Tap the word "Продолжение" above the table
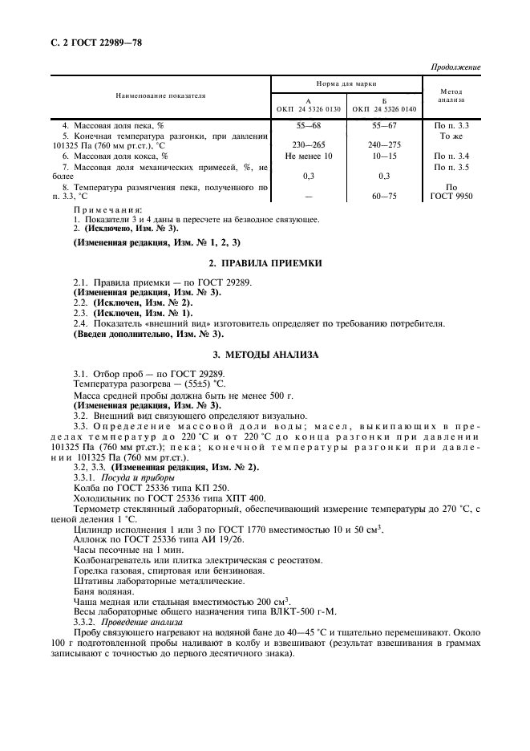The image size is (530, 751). [455, 67]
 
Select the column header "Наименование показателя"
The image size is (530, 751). [160, 95]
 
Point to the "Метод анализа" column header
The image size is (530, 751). [451, 95]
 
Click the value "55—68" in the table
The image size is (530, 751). [309, 126]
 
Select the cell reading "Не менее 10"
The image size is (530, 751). [309, 156]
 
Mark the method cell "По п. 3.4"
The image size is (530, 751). [451, 156]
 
